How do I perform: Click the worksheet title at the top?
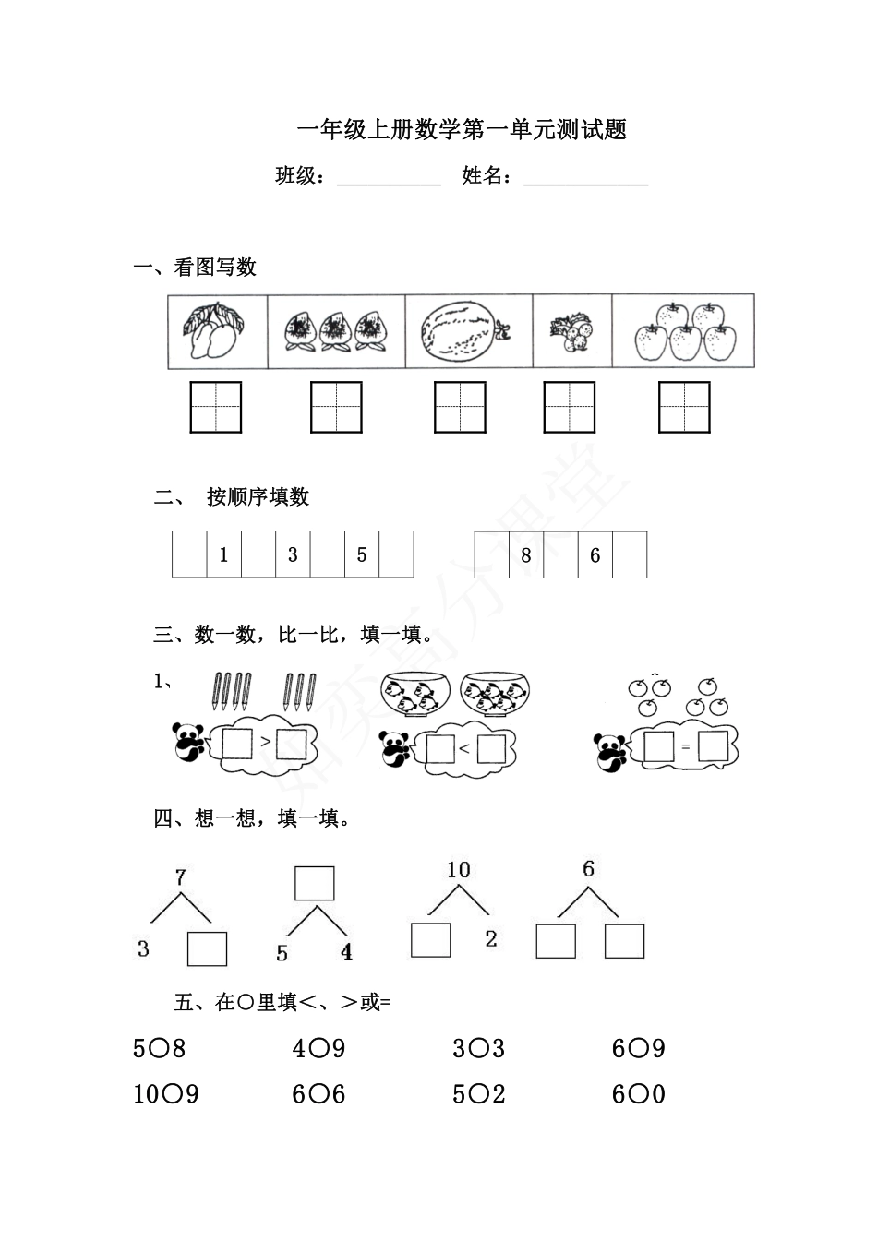point(462,130)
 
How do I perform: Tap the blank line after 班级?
point(389,185)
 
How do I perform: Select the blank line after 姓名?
point(585,185)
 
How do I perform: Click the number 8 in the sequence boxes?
point(526,554)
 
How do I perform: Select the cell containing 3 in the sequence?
point(293,554)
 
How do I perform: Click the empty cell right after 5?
point(397,554)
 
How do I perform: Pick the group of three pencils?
point(300,691)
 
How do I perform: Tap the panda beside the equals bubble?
point(610,752)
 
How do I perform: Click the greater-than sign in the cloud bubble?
point(265,741)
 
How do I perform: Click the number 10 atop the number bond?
point(458,870)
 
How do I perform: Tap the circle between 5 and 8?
point(159,1056)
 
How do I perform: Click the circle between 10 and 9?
point(173,1103)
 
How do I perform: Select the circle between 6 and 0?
point(638,1103)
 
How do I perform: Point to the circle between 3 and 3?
point(478,1056)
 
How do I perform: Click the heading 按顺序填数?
point(258,497)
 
